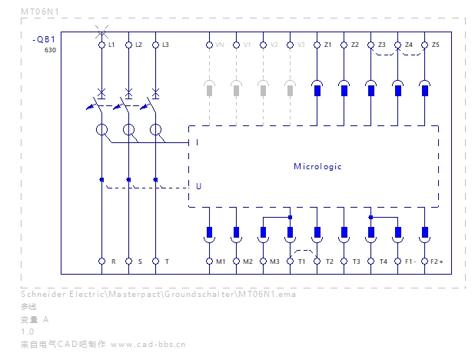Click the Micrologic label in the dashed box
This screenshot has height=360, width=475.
(317, 166)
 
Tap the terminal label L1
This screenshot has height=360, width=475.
(111, 45)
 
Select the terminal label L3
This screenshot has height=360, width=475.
(165, 45)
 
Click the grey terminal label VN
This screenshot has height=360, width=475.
(220, 45)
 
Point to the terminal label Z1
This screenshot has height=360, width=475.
(327, 45)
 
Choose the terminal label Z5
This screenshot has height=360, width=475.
(435, 45)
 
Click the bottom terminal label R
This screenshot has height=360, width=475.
(112, 262)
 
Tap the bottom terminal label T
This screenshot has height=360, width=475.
(166, 262)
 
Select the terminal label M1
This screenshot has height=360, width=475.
(221, 262)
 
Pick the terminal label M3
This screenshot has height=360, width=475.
(274, 262)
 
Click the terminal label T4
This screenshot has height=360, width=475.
(382, 262)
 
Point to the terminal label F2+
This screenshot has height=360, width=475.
(437, 262)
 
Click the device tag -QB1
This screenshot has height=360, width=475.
(44, 39)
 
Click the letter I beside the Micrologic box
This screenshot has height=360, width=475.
(198, 142)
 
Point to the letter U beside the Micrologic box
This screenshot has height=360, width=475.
(198, 186)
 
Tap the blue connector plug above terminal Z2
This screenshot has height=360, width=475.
(344, 90)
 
